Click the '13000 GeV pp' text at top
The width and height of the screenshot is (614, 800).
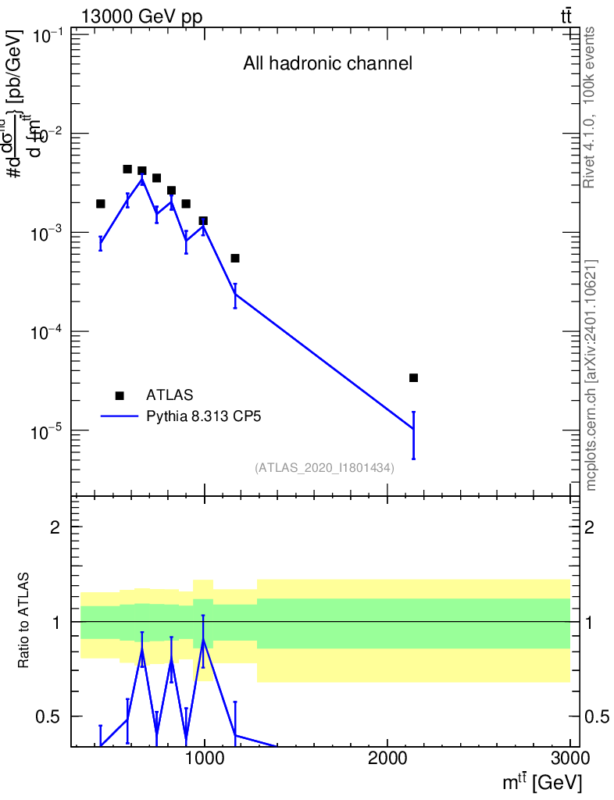click(141, 17)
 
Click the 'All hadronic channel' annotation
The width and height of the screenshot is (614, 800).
click(327, 64)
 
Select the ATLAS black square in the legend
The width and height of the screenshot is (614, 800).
click(120, 395)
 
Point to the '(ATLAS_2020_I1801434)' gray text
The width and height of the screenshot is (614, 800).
click(323, 468)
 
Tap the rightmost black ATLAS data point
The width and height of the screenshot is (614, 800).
click(413, 378)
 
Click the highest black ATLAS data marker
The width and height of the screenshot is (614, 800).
click(127, 169)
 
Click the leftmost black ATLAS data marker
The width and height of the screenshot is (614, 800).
click(100, 204)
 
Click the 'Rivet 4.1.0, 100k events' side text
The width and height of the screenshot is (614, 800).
click(590, 107)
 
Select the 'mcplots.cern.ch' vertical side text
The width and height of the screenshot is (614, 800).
click(591, 374)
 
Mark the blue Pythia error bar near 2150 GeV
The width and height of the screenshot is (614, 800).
click(413, 435)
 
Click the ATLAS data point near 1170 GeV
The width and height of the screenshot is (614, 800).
click(235, 258)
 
